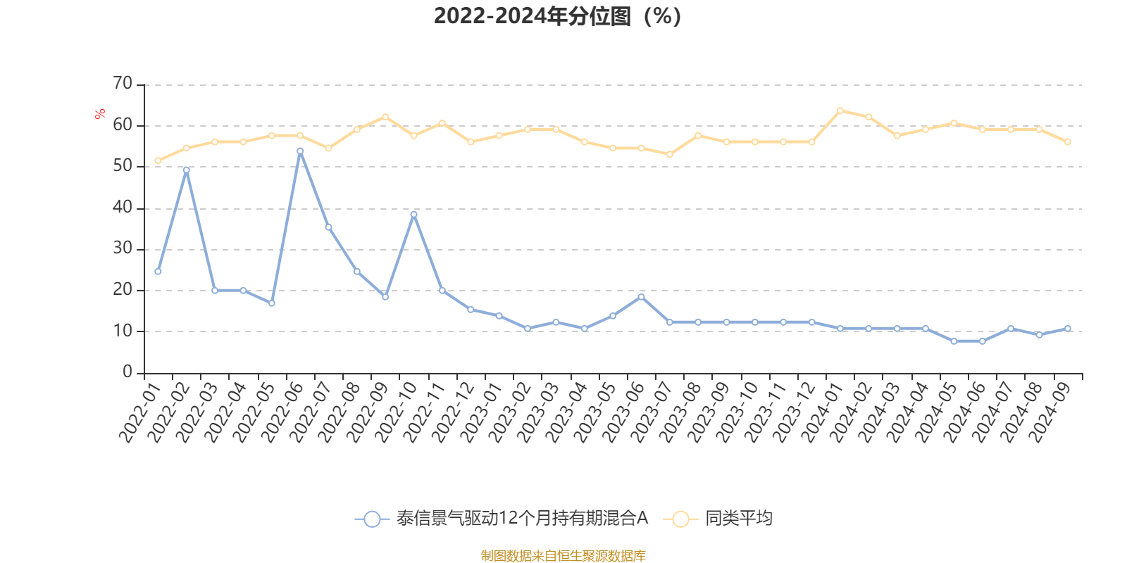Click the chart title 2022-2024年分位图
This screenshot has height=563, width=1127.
tap(556, 15)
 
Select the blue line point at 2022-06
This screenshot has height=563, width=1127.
tap(300, 151)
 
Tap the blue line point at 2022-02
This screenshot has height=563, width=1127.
tap(186, 170)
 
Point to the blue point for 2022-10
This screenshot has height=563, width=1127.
tap(413, 214)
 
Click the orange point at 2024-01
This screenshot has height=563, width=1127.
tap(840, 110)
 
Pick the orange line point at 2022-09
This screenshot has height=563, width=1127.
tap(385, 117)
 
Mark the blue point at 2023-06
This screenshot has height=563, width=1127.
tap(641, 297)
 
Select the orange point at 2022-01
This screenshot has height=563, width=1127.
tap(158, 160)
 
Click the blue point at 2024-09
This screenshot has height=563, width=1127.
tap(1068, 329)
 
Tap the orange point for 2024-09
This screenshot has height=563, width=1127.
tap(1068, 142)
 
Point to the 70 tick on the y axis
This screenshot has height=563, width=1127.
tap(123, 84)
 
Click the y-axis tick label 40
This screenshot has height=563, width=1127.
tap(123, 208)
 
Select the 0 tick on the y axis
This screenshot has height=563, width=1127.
tap(127, 372)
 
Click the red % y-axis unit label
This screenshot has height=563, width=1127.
tap(100, 114)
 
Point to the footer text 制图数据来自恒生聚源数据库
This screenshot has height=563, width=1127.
tap(563, 556)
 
